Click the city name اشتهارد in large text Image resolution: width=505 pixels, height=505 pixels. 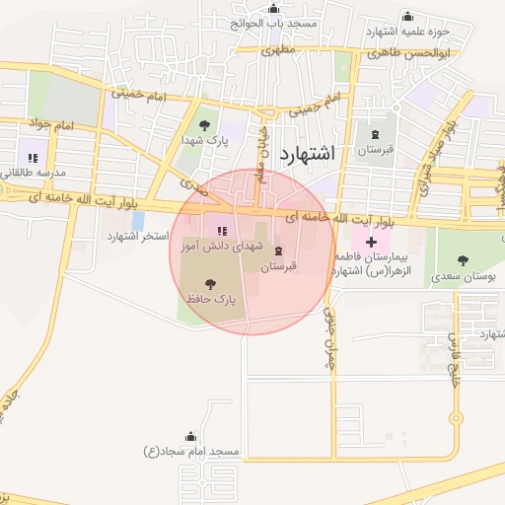(x=308, y=153)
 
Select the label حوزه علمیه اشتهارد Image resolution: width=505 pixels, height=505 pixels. (x=406, y=31)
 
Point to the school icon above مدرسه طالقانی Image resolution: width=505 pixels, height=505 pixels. (x=32, y=158)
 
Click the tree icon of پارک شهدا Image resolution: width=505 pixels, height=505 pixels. (x=204, y=125)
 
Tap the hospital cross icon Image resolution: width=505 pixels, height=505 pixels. (x=371, y=242)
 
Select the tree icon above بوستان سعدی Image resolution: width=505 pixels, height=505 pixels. (x=463, y=260)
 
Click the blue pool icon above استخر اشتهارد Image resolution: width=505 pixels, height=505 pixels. (x=137, y=221)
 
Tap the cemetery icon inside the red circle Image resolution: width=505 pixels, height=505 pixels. (x=277, y=251)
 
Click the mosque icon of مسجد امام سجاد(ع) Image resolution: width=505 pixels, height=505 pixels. (x=190, y=436)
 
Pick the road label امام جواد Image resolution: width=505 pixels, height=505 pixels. (x=53, y=127)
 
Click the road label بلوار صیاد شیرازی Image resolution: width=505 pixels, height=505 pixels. (x=452, y=153)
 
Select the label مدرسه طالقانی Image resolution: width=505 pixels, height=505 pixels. (x=33, y=173)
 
